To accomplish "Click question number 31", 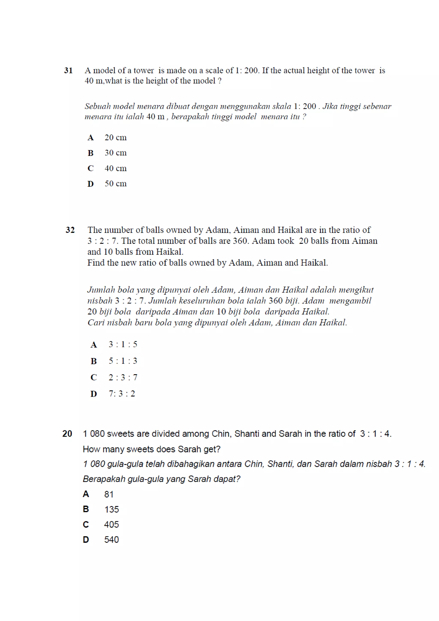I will tap(68, 71).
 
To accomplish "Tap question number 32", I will tap(70, 230).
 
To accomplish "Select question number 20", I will tap(67, 434).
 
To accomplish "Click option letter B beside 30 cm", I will tap(90, 153).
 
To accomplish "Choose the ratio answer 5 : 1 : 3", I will tap(123, 361).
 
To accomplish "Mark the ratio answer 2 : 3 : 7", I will tap(123, 377).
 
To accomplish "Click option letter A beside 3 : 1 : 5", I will tap(93, 345).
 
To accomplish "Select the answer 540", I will tap(111, 540).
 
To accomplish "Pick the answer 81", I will tap(109, 494).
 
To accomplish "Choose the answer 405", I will tap(111, 525).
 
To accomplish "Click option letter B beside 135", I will tap(86, 509).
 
